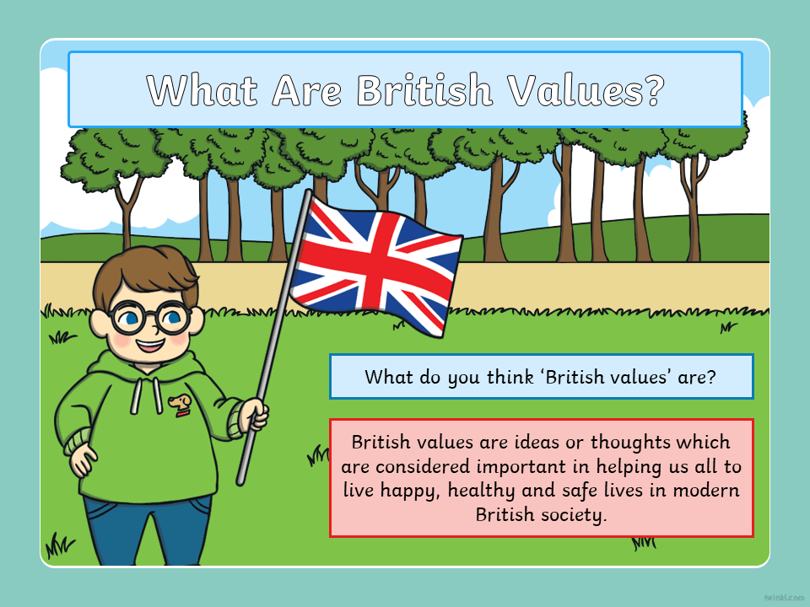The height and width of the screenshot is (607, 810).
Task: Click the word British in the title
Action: coord(424,90)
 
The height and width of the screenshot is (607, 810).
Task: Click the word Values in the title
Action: coord(572,90)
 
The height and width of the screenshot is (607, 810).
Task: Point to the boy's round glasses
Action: coord(150,317)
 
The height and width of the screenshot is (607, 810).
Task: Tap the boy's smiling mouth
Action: coord(150,344)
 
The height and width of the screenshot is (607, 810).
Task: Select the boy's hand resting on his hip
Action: coord(83,459)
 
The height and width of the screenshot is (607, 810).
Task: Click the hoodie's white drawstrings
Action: coord(146,395)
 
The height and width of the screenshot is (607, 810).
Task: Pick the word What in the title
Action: coord(202,90)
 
